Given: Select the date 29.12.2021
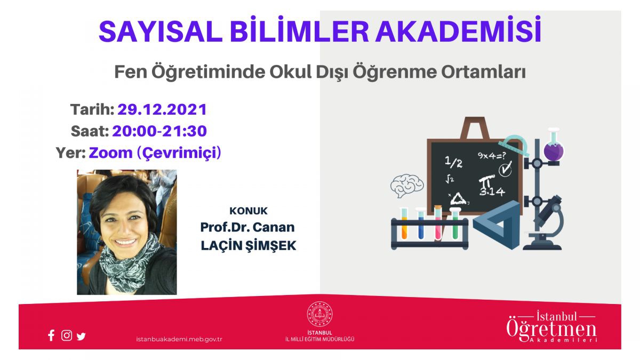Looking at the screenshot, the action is pos(162,110).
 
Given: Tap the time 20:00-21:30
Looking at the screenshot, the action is pos(159,131).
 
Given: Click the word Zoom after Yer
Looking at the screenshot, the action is pos(111,153).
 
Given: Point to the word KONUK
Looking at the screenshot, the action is pos(249,211).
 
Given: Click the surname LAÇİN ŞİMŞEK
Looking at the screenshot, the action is pos(249,246).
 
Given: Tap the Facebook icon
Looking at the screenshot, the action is pos(51,335).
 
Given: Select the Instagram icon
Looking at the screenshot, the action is pos(67,335).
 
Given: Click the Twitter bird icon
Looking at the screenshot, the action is pos(81,337).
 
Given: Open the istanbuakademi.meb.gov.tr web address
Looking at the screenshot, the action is pos(179,339).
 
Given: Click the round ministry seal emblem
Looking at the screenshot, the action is pos(319,314).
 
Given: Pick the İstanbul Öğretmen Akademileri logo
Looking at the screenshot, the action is pos(551,326).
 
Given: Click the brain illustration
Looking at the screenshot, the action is pos(407,186).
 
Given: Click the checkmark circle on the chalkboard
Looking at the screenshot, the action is pos(505,169).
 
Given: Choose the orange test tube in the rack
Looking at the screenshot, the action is pos(404,223).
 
